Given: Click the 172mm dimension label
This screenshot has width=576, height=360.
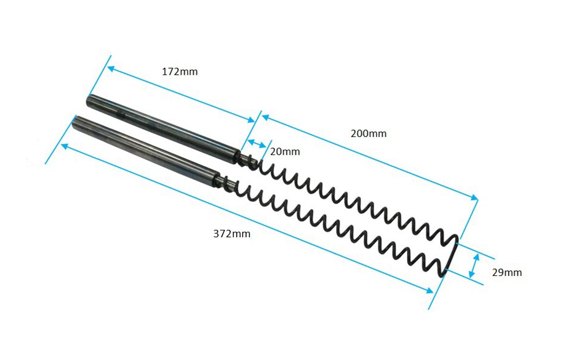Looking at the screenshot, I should tap(180, 72).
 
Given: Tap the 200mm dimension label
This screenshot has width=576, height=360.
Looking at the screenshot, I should tap(368, 133).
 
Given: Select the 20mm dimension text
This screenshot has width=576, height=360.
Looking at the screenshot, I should tap(285, 151).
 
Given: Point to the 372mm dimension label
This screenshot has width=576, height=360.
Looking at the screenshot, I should tap(231, 234).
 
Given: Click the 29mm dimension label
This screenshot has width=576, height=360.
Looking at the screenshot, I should tap(507, 272).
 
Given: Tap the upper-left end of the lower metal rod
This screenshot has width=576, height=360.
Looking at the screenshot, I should tap(77, 121).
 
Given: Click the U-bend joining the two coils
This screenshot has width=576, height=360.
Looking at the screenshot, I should tap(454, 255).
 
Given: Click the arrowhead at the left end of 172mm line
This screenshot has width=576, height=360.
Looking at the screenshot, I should tap(110, 67).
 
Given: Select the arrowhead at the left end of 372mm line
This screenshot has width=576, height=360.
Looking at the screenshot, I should tap(63, 146).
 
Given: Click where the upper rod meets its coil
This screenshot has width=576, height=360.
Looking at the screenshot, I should tap(242, 156).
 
